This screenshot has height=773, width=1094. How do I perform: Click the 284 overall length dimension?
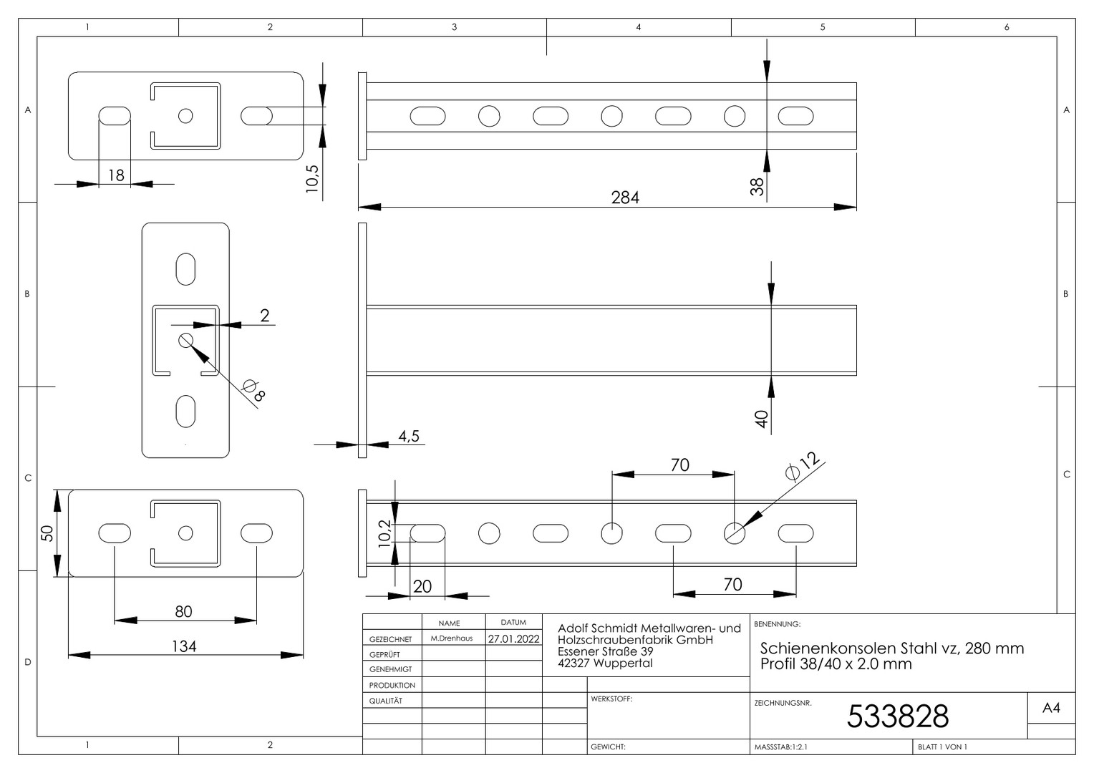tap(624, 198)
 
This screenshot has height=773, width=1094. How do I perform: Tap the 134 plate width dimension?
tap(184, 646)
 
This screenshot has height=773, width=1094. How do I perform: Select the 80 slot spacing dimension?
tap(183, 611)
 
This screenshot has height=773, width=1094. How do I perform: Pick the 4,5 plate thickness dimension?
tap(409, 436)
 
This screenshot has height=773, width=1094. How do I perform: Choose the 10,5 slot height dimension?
tap(312, 179)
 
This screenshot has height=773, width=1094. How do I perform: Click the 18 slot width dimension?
tap(116, 175)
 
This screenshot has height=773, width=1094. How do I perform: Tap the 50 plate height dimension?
tap(47, 533)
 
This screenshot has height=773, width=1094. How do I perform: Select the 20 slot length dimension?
tap(422, 586)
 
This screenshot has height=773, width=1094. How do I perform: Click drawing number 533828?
tap(898, 716)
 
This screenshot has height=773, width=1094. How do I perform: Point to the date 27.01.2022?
tap(514, 638)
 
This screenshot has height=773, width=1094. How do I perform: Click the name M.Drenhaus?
tap(452, 638)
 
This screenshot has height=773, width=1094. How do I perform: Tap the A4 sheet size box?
tap(1051, 708)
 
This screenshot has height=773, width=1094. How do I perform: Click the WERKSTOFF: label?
tap(611, 699)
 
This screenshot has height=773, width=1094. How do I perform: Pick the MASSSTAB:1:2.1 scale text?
tap(781, 747)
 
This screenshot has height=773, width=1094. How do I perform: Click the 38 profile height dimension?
tap(757, 187)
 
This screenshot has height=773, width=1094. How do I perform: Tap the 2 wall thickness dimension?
tap(265, 316)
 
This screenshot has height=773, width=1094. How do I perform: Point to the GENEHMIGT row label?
tap(390, 669)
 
